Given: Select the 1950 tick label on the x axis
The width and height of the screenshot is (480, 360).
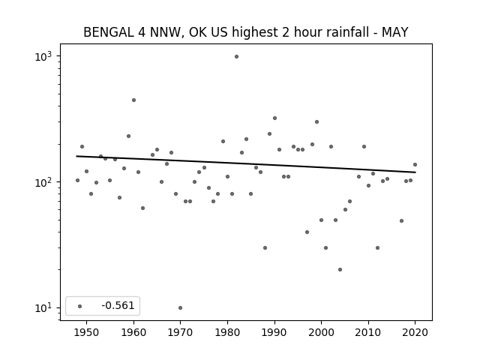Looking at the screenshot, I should tap(86, 333).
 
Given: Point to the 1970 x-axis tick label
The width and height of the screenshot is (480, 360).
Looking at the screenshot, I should tap(180, 333).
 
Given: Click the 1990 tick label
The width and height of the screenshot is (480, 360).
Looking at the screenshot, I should tap(274, 333).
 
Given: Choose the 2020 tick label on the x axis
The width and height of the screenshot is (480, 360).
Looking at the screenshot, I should tap(415, 333).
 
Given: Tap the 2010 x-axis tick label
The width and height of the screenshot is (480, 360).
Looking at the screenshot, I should tap(368, 333).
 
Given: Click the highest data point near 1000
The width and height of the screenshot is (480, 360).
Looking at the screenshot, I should tap(236, 56).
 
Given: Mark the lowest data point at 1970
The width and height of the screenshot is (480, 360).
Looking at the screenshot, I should tap(180, 307).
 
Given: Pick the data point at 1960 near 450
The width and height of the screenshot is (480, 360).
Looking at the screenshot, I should tap(133, 100).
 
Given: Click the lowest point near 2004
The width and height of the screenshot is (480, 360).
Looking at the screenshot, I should tap(340, 269).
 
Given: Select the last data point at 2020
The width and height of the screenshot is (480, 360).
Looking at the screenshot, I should tap(415, 164).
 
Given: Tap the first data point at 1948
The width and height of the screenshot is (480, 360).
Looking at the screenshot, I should tap(77, 180).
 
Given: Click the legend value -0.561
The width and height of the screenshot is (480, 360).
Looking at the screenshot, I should tap(118, 305).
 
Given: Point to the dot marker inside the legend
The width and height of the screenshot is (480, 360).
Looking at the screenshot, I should tap(80, 305).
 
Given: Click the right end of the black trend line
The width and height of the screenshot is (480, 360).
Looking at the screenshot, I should tap(415, 172).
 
